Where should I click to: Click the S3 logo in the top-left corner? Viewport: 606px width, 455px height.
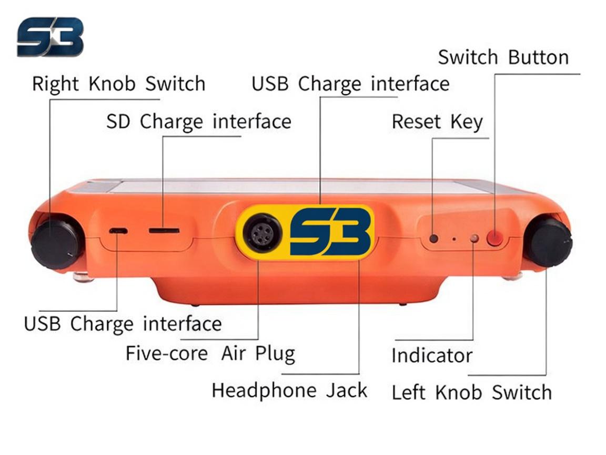(50, 37)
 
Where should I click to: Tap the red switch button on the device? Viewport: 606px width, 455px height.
(494, 237)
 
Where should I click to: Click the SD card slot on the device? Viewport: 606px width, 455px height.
(164, 231)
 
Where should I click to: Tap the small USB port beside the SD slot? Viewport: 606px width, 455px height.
(118, 231)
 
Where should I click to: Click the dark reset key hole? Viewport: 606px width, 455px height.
(433, 239)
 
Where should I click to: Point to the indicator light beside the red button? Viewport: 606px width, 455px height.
(474, 239)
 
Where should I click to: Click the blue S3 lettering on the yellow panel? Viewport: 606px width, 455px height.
(331, 231)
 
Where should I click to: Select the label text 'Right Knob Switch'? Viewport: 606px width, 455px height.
(119, 84)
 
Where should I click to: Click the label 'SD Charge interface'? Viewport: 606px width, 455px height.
(199, 122)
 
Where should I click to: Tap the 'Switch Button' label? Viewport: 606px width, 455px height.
(503, 57)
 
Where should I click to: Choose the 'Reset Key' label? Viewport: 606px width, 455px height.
(438, 122)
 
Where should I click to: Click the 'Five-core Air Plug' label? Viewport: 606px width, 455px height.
(210, 353)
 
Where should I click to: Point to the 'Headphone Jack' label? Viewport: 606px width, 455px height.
(289, 390)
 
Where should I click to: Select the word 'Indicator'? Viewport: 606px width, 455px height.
(432, 355)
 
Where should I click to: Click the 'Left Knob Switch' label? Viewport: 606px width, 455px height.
(471, 392)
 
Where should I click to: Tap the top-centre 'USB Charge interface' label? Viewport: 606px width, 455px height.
(350, 84)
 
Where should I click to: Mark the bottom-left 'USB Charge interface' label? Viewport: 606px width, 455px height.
(123, 323)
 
